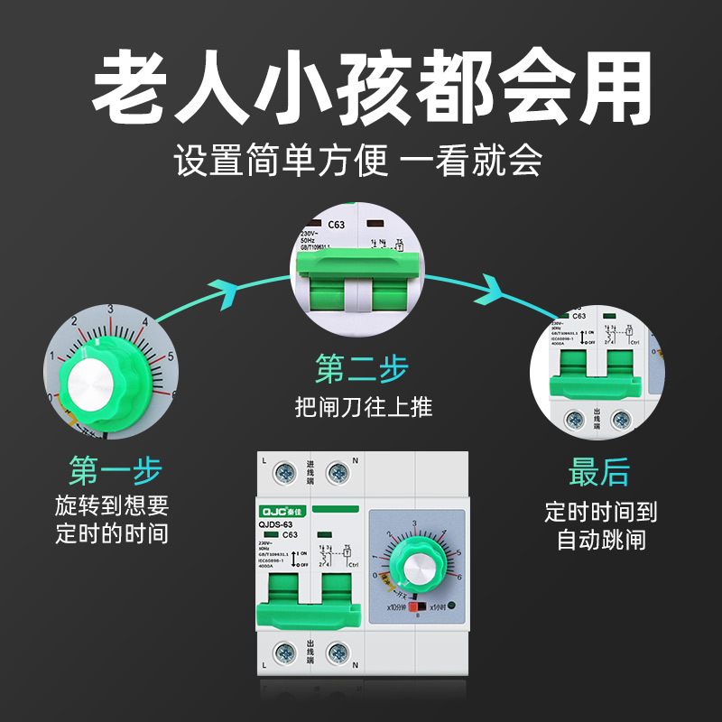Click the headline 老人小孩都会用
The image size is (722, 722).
tap(361, 88)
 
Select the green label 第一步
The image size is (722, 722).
tap(115, 470)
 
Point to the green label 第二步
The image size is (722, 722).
tap(361, 368)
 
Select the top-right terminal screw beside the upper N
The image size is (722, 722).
tap(338, 470)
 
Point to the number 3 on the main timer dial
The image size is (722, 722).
tap(414, 523)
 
